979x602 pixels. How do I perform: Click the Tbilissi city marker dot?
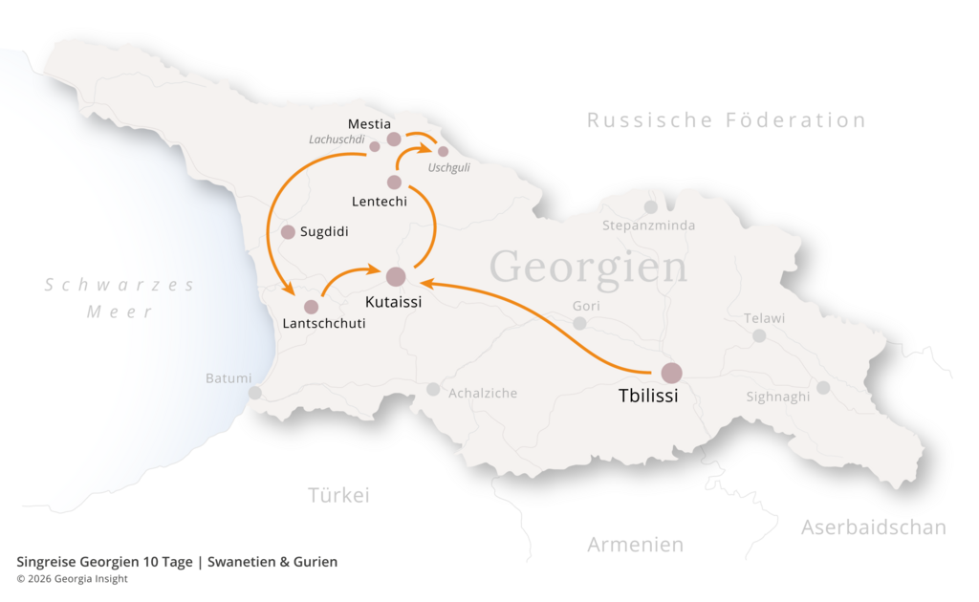click(671, 373)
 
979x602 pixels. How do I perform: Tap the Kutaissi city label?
click(394, 302)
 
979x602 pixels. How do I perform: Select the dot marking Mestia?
click(393, 140)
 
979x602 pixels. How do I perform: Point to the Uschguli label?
click(448, 167)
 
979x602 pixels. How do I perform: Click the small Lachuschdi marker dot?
click(375, 146)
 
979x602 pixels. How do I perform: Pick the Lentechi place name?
click(379, 202)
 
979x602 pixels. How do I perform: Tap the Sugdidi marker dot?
click(288, 231)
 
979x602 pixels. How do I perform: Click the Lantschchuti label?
click(324, 324)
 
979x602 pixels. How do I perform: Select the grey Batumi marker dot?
click(255, 393)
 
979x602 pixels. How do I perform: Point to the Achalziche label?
click(483, 393)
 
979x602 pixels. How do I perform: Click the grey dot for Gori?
click(579, 323)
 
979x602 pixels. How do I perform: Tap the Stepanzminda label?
click(648, 226)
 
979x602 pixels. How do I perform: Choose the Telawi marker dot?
click(759, 335)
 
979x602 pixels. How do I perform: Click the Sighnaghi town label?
click(777, 397)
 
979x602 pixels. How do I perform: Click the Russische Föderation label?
click(727, 120)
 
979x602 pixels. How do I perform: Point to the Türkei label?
click(338, 495)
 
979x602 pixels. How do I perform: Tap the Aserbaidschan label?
click(873, 527)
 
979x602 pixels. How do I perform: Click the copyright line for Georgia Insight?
click(72, 579)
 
